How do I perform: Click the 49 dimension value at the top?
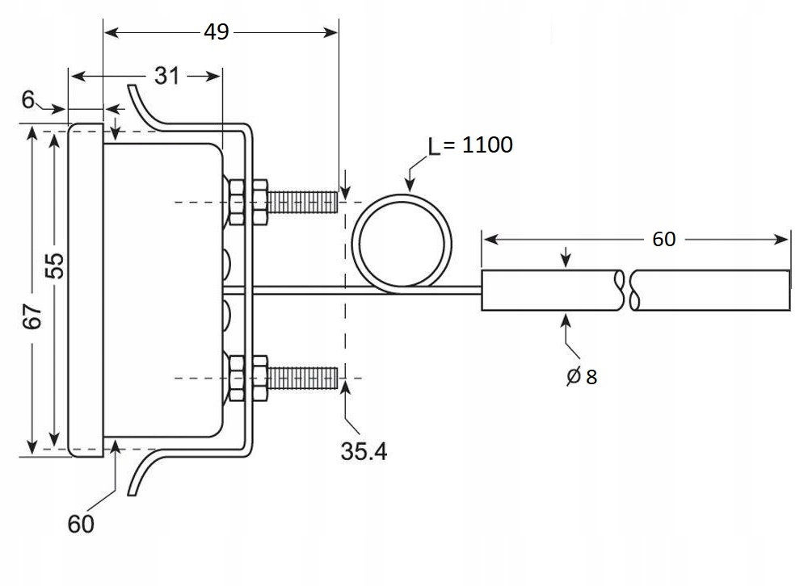217,31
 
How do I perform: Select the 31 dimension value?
166,76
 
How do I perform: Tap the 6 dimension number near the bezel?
28,99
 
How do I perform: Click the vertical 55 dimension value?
54,266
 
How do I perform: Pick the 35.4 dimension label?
363,451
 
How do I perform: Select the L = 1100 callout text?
470,145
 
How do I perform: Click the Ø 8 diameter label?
582,376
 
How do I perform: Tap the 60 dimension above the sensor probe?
664,240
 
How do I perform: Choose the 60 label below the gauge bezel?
80,524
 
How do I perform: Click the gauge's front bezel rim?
86,291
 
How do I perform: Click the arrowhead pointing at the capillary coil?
410,183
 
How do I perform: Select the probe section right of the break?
711,291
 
